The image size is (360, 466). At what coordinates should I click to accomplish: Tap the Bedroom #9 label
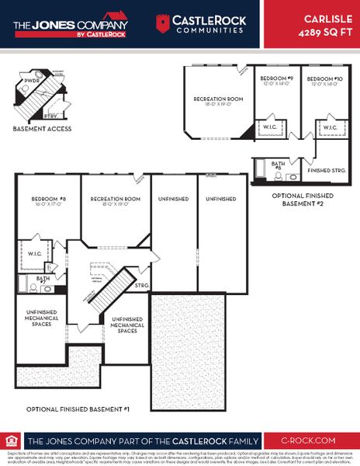coord(276,79)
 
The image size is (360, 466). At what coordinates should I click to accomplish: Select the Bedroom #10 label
coord(324,79)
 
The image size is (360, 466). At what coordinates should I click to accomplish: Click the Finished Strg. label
coord(326,169)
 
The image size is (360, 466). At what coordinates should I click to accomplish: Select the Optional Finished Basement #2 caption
coord(304,200)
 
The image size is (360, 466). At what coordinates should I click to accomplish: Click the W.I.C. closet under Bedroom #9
coord(271,127)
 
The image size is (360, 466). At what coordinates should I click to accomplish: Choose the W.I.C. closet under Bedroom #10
coord(329,127)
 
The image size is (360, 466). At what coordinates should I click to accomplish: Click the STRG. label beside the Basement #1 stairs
coord(141,286)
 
